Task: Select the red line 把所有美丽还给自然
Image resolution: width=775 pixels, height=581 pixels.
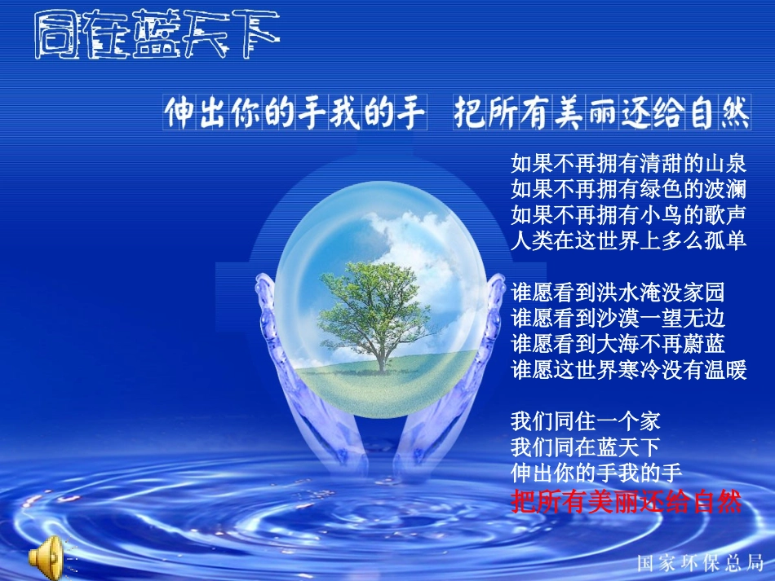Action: point(626,501)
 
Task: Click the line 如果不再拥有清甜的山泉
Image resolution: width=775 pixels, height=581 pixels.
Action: point(628,163)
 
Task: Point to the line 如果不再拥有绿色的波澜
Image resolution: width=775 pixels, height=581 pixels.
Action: point(628,189)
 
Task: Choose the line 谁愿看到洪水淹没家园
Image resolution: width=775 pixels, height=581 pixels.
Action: point(618,292)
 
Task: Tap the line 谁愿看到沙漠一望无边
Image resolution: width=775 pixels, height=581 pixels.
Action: point(618,318)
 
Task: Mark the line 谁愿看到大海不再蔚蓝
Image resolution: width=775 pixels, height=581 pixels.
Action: point(618,344)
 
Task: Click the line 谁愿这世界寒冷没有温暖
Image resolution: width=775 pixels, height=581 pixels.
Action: point(628,370)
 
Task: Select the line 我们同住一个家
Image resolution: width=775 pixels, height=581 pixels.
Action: point(585,421)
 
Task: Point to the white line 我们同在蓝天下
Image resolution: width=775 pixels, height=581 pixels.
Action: point(585,447)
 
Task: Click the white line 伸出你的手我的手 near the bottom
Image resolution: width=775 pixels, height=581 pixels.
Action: point(596,473)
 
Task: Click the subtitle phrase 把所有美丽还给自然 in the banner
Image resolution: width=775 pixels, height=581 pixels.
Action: point(602,113)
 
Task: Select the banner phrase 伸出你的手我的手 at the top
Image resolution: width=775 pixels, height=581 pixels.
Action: point(294,113)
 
